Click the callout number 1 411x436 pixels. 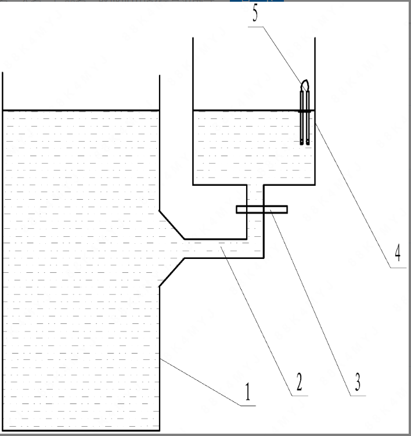(x=247, y=393)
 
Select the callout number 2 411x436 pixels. (x=298, y=382)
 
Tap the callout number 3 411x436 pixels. (x=358, y=382)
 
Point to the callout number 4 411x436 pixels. (x=397, y=253)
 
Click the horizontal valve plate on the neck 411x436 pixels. (x=262, y=209)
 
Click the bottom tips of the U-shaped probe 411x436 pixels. (x=305, y=142)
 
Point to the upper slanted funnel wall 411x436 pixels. (x=172, y=224)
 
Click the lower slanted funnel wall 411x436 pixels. (x=172, y=272)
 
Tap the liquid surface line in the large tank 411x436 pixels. (x=81, y=110)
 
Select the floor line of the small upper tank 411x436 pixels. (x=221, y=185)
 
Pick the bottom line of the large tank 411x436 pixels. (x=81, y=429)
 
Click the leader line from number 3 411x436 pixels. (x=311, y=302)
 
